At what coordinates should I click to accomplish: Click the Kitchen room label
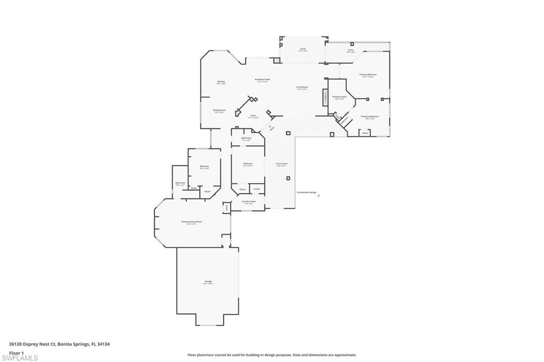(x=221, y=82)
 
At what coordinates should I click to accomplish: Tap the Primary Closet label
(x=339, y=97)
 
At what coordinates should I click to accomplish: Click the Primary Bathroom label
(x=370, y=117)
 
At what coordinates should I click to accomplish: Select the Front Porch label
(x=282, y=164)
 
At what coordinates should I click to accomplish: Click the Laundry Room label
(x=249, y=202)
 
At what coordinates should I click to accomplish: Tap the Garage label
(x=208, y=282)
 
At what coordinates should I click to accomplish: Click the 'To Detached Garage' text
(x=307, y=192)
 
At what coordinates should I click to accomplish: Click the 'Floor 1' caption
(x=16, y=352)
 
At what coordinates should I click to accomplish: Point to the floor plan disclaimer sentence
(x=271, y=355)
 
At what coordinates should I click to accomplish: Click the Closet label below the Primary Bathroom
(x=364, y=133)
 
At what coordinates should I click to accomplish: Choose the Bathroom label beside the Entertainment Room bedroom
(x=180, y=183)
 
